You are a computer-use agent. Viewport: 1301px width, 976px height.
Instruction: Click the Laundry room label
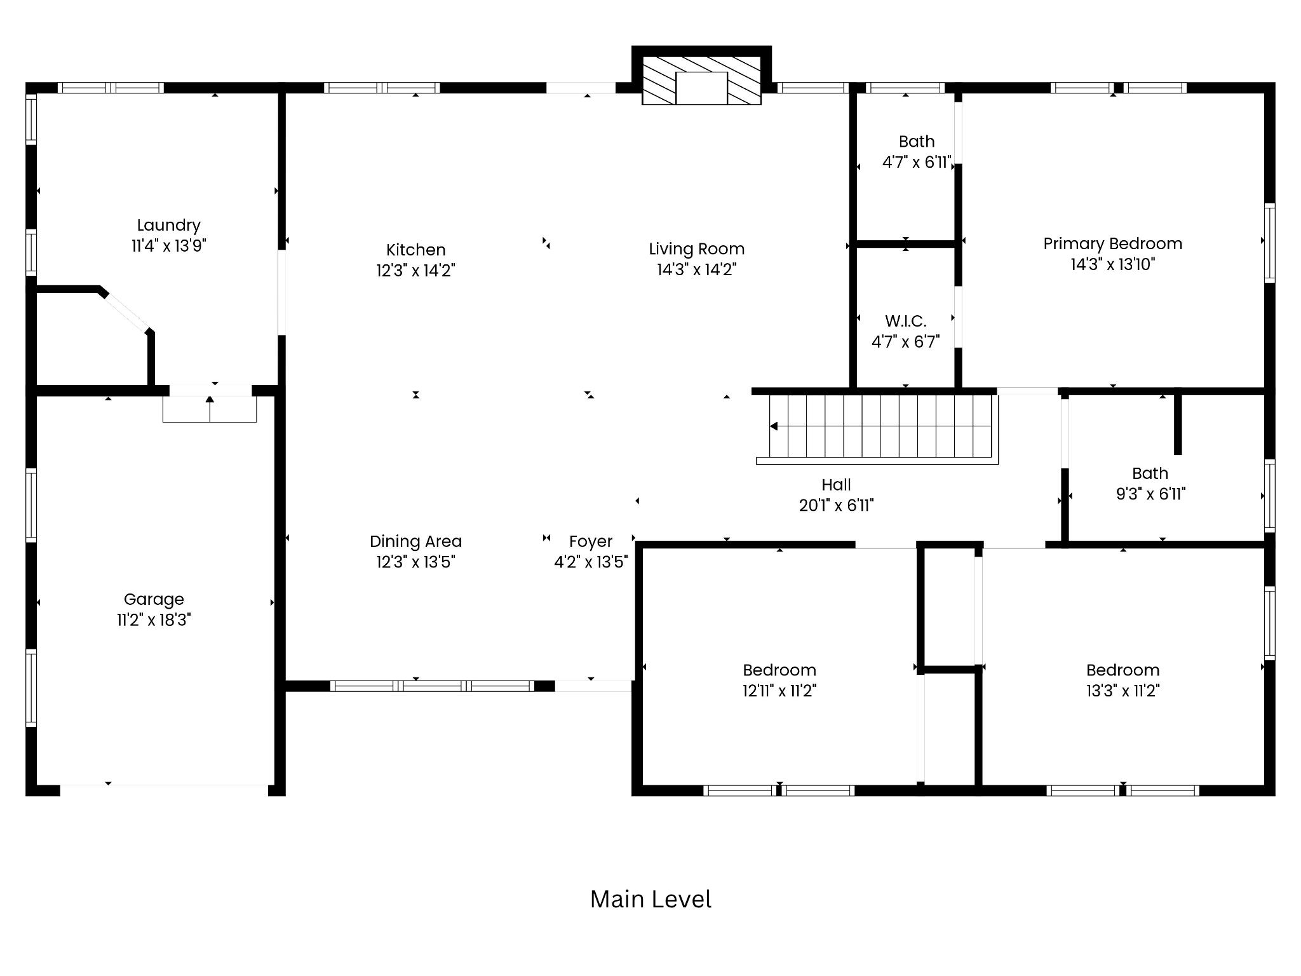pyautogui.click(x=168, y=225)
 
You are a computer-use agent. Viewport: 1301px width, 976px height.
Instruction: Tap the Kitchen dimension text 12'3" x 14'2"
pyautogui.click(x=415, y=270)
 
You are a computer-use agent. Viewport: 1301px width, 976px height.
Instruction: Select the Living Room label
pyautogui.click(x=696, y=249)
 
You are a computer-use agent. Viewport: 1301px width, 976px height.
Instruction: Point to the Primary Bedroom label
pyautogui.click(x=1112, y=243)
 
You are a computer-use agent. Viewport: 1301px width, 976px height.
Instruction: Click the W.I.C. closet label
pyautogui.click(x=905, y=321)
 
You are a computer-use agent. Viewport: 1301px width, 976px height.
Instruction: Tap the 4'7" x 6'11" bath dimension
pyautogui.click(x=917, y=162)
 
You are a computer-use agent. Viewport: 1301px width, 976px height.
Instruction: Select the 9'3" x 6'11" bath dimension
pyautogui.click(x=1150, y=494)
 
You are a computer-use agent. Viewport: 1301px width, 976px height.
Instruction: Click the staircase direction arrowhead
pyautogui.click(x=773, y=426)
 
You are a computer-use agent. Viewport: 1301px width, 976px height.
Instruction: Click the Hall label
pyautogui.click(x=836, y=485)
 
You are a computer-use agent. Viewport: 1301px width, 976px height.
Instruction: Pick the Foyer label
pyautogui.click(x=591, y=541)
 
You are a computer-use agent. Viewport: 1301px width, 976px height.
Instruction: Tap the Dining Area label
pyautogui.click(x=415, y=541)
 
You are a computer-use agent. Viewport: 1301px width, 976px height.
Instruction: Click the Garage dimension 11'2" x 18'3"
pyautogui.click(x=154, y=620)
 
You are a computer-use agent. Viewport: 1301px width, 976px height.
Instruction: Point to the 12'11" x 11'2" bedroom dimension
pyautogui.click(x=779, y=690)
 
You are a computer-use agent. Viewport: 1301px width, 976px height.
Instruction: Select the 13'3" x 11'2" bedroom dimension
pyautogui.click(x=1123, y=690)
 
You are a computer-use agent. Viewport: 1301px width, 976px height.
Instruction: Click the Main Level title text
pyautogui.click(x=650, y=899)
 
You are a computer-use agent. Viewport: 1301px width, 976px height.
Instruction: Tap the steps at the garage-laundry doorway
pyautogui.click(x=210, y=409)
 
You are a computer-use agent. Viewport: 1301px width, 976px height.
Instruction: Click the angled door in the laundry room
pyautogui.click(x=126, y=311)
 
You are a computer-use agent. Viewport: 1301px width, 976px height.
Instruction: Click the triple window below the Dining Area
pyautogui.click(x=432, y=686)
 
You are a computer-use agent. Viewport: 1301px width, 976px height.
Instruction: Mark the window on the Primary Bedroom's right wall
pyautogui.click(x=1269, y=243)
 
